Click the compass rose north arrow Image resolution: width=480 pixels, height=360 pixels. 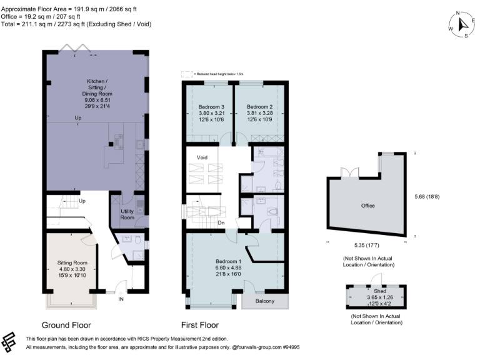click(462, 24)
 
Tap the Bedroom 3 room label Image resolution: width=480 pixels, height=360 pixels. click(209, 106)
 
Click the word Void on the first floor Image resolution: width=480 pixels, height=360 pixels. click(202, 157)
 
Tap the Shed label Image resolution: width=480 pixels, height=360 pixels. click(372, 291)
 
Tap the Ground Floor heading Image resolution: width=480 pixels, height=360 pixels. click(66, 325)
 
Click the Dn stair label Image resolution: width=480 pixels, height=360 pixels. click(220, 222)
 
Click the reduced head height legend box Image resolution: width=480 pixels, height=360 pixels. click(186, 74)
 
